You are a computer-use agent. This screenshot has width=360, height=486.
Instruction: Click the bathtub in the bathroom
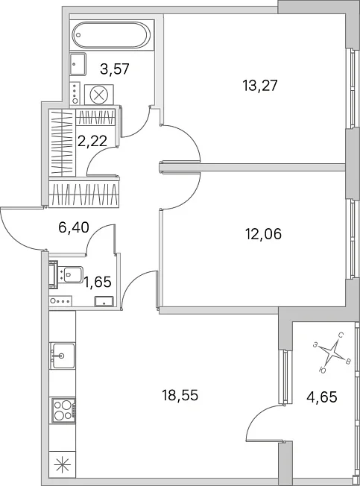click(112, 34)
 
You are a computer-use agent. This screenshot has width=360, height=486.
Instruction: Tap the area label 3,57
click(115, 69)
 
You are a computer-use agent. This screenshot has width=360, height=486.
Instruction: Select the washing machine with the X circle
click(99, 95)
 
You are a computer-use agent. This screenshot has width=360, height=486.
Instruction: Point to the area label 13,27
click(260, 85)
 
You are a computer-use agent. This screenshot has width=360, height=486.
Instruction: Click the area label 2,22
click(92, 142)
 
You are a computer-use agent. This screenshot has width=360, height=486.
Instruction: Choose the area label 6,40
click(74, 227)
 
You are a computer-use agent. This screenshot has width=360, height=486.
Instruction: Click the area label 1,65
click(98, 282)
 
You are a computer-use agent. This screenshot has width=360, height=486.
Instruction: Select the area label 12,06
click(264, 234)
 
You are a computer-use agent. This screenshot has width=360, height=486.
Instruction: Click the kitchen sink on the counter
click(63, 356)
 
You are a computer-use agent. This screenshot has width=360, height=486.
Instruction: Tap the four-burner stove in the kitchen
click(63, 410)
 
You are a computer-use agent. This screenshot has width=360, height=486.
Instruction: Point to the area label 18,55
click(180, 396)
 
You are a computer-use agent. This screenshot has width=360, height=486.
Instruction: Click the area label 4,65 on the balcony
click(322, 397)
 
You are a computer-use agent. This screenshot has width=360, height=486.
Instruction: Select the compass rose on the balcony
click(332, 353)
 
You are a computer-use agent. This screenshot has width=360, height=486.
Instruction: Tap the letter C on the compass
click(341, 335)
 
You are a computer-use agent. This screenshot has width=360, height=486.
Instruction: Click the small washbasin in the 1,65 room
click(104, 301)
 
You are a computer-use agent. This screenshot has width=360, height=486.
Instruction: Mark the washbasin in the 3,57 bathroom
click(78, 64)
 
